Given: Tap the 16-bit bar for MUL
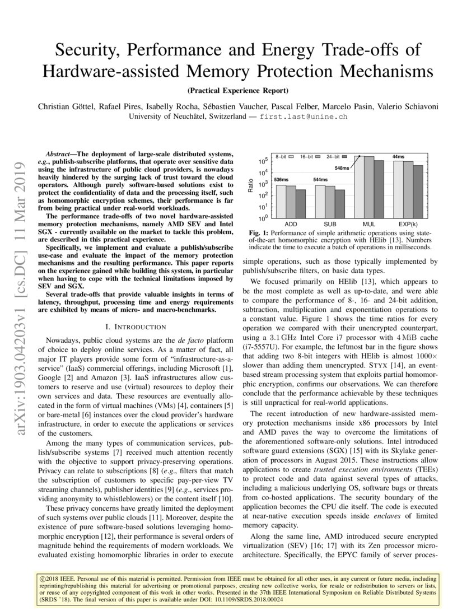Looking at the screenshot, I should tap(369, 188).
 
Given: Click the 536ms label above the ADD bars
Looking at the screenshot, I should tap(281, 179).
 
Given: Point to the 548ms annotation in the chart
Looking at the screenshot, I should tap(342, 168).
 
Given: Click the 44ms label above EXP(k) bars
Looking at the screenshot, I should tap(398, 156).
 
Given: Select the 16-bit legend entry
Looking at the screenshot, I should tap(309, 156).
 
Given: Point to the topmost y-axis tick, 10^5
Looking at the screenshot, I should tap(262, 162).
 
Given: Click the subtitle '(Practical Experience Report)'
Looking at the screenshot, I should tap(238, 90).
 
